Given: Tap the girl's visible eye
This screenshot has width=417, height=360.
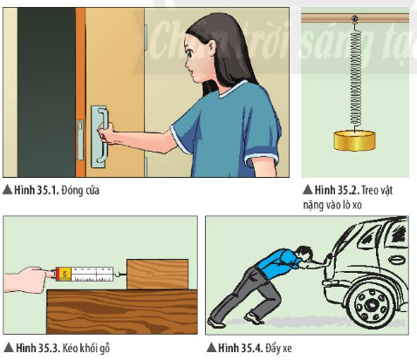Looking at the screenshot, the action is (190, 53).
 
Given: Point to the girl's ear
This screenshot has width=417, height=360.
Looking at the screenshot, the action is (210, 48).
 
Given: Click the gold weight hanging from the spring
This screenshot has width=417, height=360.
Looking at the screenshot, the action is (354, 141).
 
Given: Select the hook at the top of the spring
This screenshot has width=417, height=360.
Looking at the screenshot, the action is (354, 19).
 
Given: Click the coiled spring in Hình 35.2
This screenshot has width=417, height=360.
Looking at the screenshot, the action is (355, 78).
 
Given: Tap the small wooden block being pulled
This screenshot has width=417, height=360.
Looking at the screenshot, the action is (158, 275).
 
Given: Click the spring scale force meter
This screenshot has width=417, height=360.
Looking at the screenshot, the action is (87, 275).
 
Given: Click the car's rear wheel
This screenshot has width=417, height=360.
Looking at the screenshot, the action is (372, 305).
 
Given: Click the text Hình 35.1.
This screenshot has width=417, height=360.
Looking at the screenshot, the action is (37, 190).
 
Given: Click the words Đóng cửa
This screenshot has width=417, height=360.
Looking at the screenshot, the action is (80, 191).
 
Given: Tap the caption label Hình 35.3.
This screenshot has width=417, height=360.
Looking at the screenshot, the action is (38, 348).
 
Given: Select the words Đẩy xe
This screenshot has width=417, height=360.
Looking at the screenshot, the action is (278, 348).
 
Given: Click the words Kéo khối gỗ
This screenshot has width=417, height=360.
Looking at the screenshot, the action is (86, 348).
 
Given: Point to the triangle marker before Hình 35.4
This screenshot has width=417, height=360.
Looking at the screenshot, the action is (211, 348).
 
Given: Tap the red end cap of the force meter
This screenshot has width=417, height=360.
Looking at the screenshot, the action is (58, 275).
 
